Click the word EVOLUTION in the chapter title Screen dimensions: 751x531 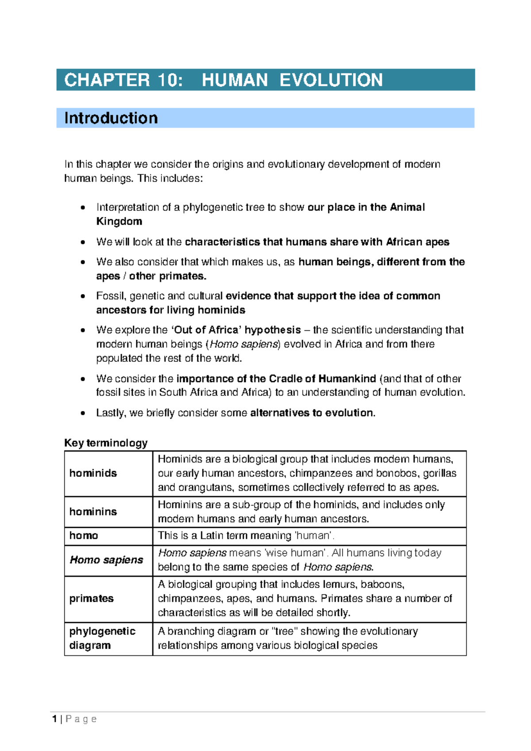[331, 80]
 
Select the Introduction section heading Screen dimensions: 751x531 [111, 118]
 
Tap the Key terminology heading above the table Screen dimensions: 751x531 [106, 443]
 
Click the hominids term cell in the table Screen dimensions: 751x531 [93, 473]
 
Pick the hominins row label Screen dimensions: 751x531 [93, 511]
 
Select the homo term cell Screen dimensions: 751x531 [84, 535]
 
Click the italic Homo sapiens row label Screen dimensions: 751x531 [106, 560]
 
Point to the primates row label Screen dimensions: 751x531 [92, 598]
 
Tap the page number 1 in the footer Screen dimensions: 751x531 [54, 719]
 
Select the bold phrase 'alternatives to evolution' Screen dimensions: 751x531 [312, 413]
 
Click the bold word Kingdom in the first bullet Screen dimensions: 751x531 [119, 221]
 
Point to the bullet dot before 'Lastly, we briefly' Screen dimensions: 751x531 [83, 413]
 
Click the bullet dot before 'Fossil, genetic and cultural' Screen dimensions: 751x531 [83, 296]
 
